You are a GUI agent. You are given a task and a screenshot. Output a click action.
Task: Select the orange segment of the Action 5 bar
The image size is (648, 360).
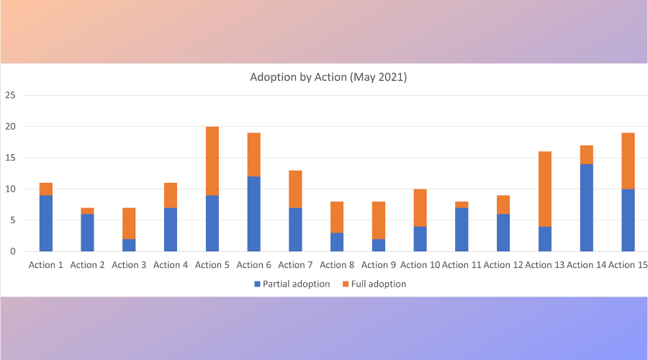(x=212, y=161)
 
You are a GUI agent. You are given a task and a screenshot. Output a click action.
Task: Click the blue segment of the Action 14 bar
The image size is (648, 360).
(x=586, y=207)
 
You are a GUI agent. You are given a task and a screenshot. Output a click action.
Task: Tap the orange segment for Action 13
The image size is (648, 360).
(x=545, y=189)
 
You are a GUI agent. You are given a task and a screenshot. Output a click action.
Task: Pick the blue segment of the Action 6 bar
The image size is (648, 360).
(x=253, y=214)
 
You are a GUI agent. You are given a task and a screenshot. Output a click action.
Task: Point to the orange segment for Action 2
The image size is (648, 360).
(x=87, y=211)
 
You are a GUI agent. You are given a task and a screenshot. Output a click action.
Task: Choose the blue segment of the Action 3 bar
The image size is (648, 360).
(x=129, y=245)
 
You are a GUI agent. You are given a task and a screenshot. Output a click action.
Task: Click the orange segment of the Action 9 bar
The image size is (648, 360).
(x=379, y=220)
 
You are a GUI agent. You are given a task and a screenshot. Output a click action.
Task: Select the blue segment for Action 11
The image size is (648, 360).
(x=462, y=230)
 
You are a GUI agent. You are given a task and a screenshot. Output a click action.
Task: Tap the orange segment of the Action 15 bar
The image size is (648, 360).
(x=628, y=161)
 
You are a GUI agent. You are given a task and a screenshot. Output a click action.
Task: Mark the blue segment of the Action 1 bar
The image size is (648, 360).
(x=46, y=223)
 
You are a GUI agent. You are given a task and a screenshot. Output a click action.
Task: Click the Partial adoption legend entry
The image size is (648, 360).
(x=292, y=284)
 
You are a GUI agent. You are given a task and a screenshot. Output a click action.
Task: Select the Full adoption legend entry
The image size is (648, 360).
(x=374, y=284)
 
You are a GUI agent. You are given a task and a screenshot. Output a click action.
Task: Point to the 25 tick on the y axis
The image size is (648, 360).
(x=10, y=95)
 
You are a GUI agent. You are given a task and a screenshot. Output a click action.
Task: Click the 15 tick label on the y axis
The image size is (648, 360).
(x=10, y=158)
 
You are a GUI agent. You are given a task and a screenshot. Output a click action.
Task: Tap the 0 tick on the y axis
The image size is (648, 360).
(x=13, y=251)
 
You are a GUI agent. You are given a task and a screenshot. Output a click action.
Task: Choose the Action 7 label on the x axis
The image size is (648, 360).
(x=295, y=265)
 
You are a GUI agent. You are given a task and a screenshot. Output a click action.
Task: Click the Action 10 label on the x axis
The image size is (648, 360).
(x=420, y=265)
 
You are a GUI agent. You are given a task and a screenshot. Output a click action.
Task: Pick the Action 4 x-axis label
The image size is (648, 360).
(x=171, y=265)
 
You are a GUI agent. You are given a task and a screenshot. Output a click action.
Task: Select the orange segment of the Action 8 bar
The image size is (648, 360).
(x=337, y=217)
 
